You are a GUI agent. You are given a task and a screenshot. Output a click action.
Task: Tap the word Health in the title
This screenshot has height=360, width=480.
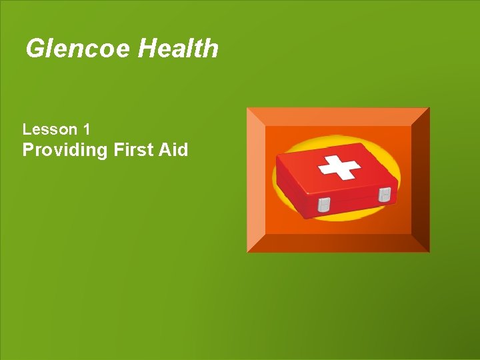point(178,49)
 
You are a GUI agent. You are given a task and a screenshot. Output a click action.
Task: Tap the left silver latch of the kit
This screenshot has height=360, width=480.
point(323,205)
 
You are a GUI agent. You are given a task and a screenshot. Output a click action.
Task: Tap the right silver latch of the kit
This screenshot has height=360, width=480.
point(385,195)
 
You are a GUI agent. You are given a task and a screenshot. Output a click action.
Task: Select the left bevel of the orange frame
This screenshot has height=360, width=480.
point(256,180)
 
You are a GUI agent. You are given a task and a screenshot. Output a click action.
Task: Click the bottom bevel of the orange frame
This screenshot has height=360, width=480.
point(338,243)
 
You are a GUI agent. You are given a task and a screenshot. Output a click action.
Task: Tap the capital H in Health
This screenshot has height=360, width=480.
point(147,49)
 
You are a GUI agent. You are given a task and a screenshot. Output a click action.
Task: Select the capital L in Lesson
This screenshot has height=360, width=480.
point(27,129)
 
